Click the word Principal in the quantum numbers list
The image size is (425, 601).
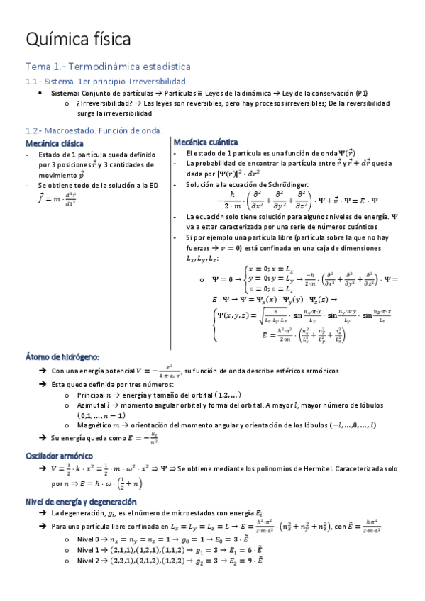point(93,395)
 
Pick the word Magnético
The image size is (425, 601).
point(95,425)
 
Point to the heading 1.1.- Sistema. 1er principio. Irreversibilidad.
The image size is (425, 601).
point(106,82)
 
